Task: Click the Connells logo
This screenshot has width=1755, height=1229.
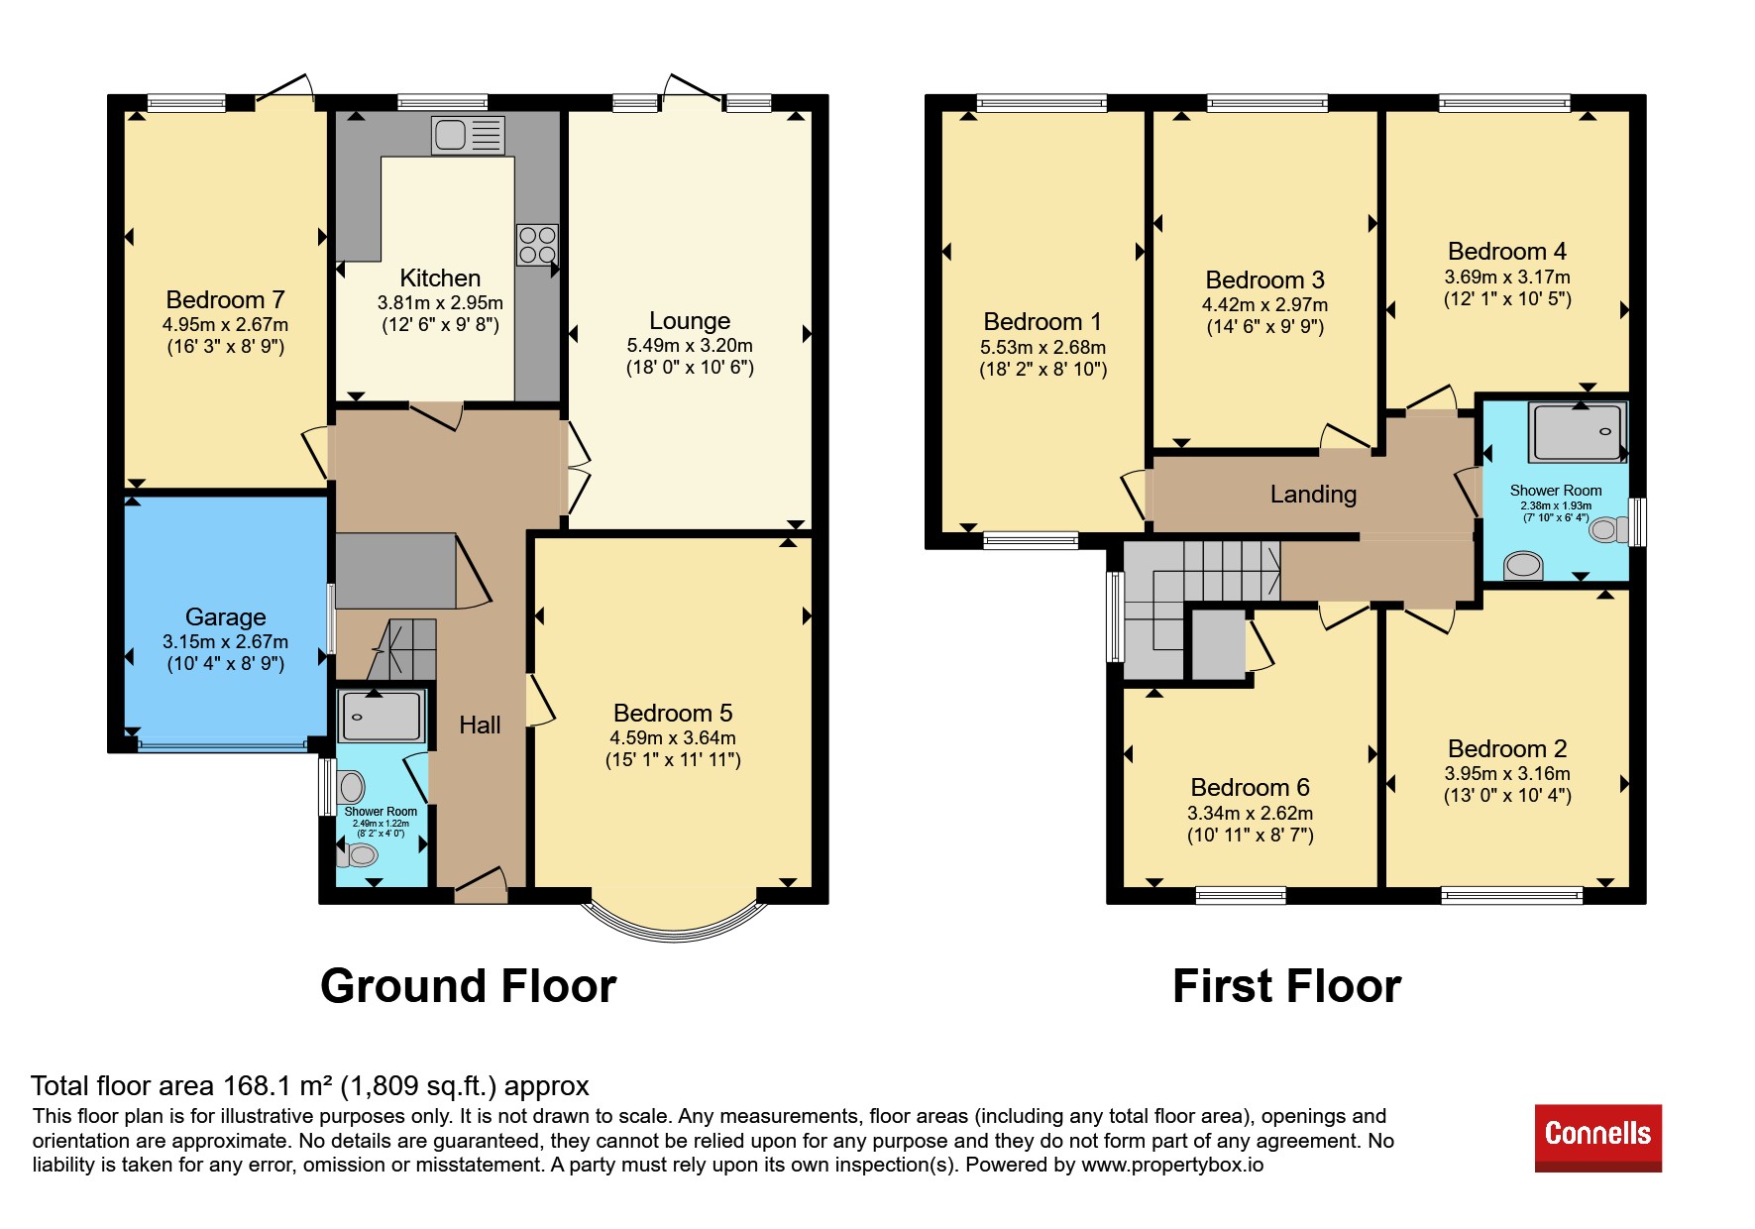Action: coord(1597,1137)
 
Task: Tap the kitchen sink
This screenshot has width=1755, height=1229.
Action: coord(469,135)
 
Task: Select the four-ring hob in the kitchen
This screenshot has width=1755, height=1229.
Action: coord(537,245)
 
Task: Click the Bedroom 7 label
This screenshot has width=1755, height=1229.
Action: coord(225,299)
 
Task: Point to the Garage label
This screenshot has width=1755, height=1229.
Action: coord(225,616)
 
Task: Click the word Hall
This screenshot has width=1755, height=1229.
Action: coord(480,725)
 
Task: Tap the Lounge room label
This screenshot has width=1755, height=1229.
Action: coord(690,321)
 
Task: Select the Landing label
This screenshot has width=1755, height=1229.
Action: coord(1313,494)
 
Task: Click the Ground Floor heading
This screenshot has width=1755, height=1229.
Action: coord(468,986)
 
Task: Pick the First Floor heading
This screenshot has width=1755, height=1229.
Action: coord(1286,986)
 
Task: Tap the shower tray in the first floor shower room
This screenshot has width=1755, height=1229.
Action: coord(1578,432)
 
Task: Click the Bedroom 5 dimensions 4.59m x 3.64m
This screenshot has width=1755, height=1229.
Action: coord(673,737)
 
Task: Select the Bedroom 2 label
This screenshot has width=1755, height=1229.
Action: coord(1507,748)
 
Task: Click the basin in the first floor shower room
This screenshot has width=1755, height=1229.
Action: coord(1523,566)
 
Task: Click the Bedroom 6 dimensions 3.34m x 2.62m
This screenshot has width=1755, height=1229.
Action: coord(1250,813)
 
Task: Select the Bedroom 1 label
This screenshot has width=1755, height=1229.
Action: coord(1042,321)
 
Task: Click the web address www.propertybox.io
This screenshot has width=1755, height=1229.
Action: coord(1172,1165)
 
